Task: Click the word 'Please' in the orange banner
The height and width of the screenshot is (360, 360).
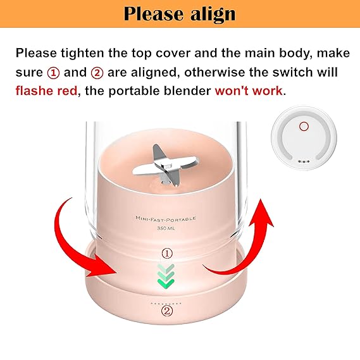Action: click(x=153, y=14)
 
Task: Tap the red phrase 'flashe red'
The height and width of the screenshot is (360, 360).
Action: click(x=46, y=90)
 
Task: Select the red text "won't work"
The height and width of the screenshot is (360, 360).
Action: click(x=249, y=90)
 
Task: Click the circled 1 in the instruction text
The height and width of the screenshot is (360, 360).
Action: click(x=53, y=73)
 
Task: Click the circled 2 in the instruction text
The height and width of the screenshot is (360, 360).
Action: click(x=97, y=73)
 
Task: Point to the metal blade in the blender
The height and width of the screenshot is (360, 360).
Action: click(x=165, y=166)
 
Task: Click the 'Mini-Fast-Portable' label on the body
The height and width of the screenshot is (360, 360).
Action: click(x=166, y=219)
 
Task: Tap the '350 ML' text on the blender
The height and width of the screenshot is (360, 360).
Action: click(x=166, y=228)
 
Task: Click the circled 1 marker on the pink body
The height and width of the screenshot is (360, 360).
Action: click(x=167, y=254)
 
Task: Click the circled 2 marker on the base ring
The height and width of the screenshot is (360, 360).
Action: click(x=167, y=311)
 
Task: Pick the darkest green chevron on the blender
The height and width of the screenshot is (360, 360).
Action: click(x=166, y=283)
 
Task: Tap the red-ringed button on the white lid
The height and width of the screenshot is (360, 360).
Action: click(x=304, y=127)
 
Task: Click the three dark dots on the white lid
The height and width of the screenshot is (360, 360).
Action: click(x=304, y=161)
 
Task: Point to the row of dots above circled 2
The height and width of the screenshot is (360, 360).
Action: click(x=166, y=303)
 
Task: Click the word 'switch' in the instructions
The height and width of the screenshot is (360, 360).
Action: click(x=293, y=72)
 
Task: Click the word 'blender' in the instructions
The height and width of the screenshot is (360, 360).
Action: click(x=187, y=90)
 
